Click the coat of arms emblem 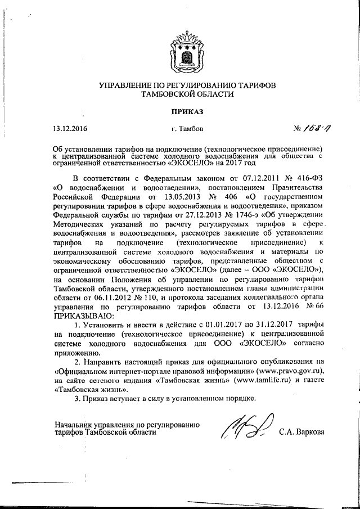tap(179, 54)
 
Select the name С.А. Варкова tap(301, 433)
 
